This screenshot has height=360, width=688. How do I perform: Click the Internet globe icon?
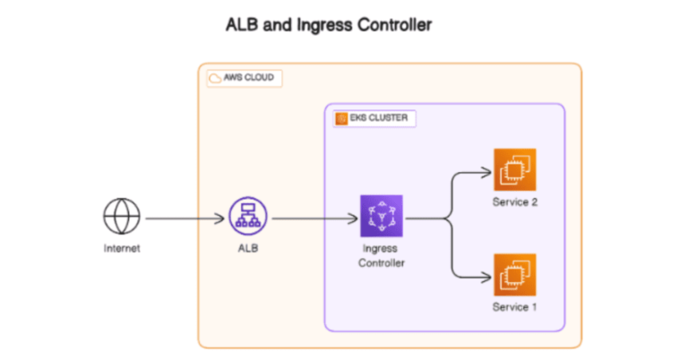click(121, 217)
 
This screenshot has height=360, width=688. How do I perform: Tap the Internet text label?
click(121, 248)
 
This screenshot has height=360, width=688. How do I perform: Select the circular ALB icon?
click(245, 217)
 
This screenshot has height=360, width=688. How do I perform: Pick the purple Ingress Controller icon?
click(381, 217)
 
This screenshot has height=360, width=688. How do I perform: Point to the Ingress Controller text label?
click(381, 255)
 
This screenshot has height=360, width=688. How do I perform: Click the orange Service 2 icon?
click(514, 170)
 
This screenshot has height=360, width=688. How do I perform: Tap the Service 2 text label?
click(514, 202)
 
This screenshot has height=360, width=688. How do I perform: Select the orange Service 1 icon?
click(514, 275)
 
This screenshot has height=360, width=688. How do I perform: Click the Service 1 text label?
click(514, 307)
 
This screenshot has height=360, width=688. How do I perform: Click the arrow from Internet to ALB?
click(184, 218)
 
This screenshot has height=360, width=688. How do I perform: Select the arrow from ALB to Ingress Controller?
click(314, 218)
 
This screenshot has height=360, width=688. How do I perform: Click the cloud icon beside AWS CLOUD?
click(215, 78)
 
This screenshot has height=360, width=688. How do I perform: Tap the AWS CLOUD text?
click(251, 78)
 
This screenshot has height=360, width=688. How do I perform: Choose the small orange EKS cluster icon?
click(341, 118)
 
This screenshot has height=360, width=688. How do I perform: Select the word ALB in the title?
click(242, 25)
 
